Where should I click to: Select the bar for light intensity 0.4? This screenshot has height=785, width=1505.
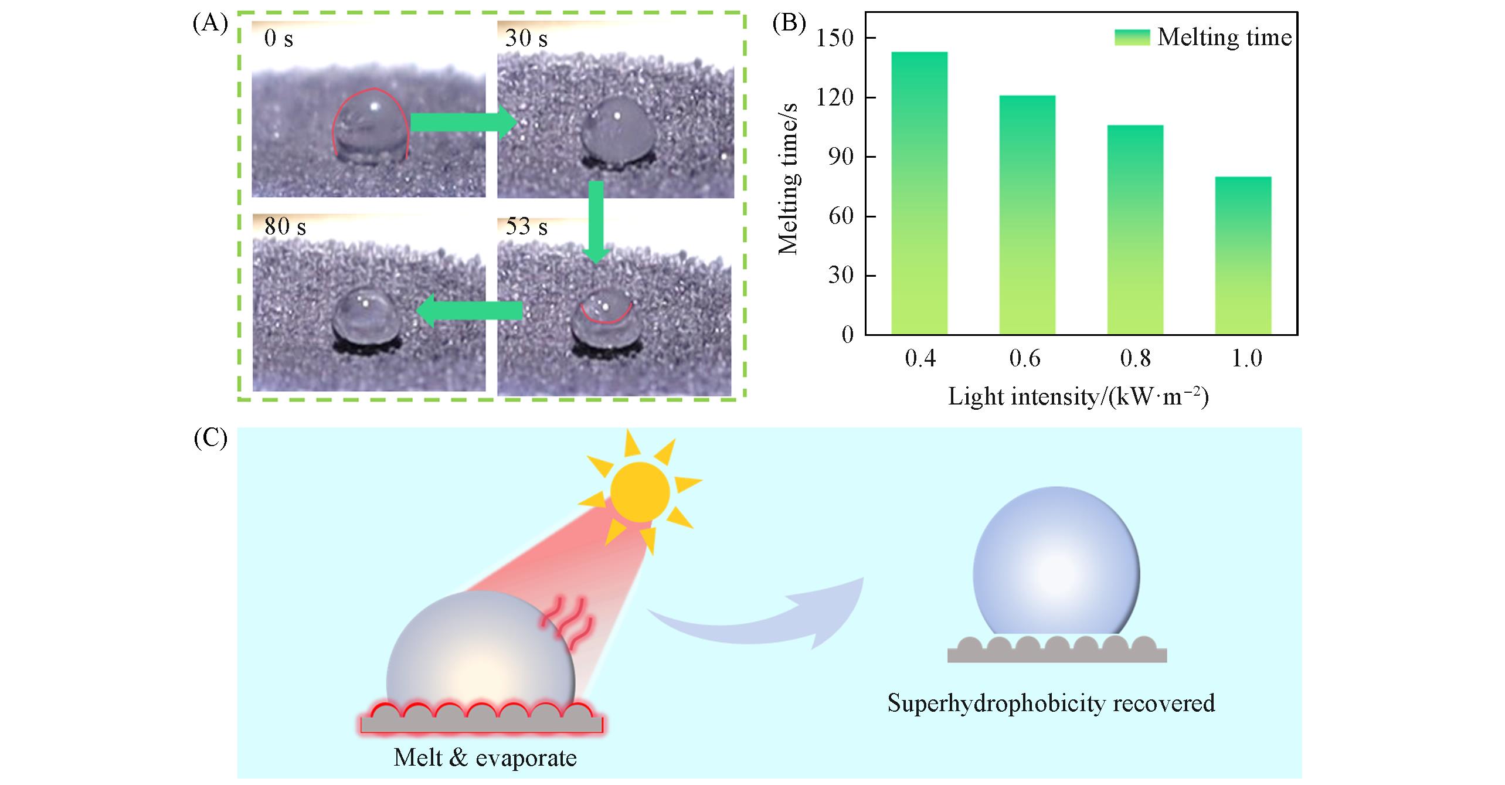(x=919, y=193)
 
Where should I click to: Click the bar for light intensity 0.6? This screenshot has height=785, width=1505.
(x=1027, y=215)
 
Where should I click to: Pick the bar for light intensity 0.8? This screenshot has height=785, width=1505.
(x=1135, y=230)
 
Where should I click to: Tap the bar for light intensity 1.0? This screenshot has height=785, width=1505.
(x=1243, y=256)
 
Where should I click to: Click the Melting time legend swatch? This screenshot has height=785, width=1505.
(x=1132, y=38)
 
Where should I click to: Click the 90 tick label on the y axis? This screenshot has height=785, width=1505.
(x=841, y=157)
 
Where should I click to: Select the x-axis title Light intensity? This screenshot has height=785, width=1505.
(x=1078, y=397)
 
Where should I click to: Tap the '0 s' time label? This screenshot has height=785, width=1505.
(x=278, y=39)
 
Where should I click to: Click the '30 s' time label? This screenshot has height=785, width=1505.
(x=526, y=39)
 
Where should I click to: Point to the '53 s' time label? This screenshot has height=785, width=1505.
(x=526, y=227)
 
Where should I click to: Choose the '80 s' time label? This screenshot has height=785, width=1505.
(x=285, y=227)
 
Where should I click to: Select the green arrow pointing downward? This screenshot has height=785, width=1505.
(x=596, y=222)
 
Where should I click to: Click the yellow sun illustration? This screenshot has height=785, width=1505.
(x=640, y=491)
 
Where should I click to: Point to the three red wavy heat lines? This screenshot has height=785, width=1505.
(x=566, y=623)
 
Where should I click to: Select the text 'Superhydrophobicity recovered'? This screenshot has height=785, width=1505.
(x=1051, y=702)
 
